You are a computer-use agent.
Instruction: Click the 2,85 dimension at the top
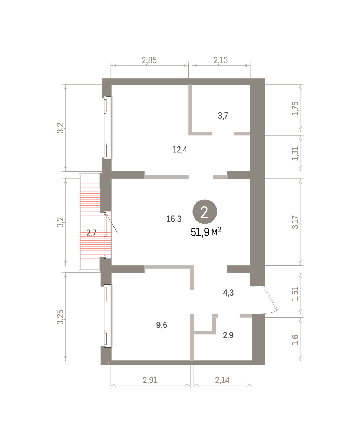coord(149,60)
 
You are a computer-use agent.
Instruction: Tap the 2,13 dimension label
coord(221,60)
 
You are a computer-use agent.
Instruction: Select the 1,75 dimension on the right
coord(295,108)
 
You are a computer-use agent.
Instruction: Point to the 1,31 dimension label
coord(295,154)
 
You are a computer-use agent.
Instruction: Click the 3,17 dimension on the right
coord(295,222)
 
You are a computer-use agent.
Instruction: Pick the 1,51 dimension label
coord(295,294)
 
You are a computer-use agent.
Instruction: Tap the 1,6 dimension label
coord(295,339)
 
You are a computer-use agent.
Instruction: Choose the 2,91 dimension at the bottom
coord(150,380)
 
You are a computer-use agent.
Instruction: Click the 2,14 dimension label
coord(222,380)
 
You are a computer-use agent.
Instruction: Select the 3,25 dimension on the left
coord(60,317)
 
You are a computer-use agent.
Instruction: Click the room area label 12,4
coord(180,150)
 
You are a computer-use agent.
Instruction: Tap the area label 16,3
coord(174,219)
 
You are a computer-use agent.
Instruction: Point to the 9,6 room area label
coord(162,325)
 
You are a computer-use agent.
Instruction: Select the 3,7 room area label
coord(223,116)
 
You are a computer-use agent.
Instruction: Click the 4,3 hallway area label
coord(228,293)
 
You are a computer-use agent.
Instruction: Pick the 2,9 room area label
coord(228,335)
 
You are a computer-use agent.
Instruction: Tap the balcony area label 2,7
coord(92,233)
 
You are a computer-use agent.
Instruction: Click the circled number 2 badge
coord(205,212)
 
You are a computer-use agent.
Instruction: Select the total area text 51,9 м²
coord(206,232)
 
